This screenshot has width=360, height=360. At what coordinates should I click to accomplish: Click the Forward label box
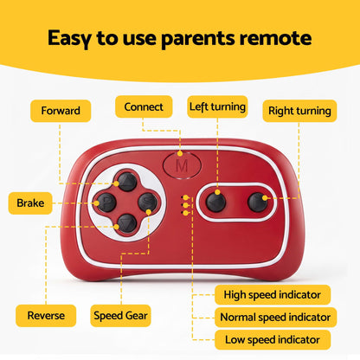(x=61, y=111)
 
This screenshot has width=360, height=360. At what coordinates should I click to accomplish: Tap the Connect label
(x=144, y=106)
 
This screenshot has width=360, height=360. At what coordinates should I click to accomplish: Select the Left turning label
(x=217, y=106)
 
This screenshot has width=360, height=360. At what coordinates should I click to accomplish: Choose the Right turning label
(x=299, y=111)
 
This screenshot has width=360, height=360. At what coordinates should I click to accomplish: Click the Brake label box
(x=30, y=203)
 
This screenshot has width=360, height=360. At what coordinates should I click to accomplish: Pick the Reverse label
(x=46, y=316)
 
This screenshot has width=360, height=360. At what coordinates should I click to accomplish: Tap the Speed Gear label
(x=120, y=316)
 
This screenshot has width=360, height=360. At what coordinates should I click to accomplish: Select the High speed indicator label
(x=273, y=295)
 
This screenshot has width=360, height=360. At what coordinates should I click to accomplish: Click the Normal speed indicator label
(x=275, y=318)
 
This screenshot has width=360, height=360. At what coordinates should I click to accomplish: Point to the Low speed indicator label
(x=273, y=340)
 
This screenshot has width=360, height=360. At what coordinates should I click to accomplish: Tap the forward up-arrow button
(x=127, y=182)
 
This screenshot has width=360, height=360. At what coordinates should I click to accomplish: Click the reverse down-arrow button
(x=127, y=223)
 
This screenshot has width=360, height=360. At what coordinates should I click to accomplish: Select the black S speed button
(x=147, y=202)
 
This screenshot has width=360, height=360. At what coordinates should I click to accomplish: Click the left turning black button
(x=215, y=202)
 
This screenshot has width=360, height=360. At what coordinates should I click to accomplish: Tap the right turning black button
(x=258, y=202)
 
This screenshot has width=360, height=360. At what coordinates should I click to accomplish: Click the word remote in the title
(x=276, y=38)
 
